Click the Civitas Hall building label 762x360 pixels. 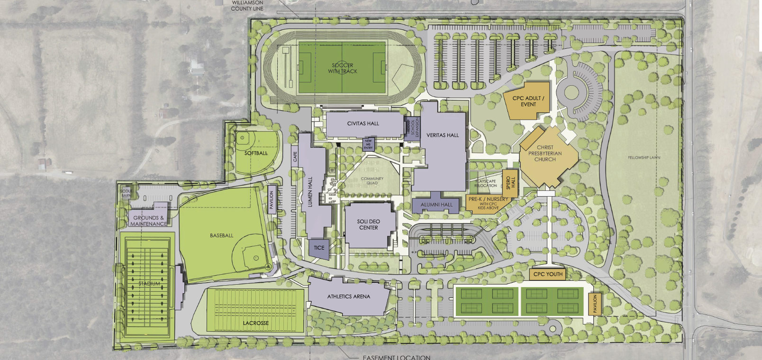[363, 124]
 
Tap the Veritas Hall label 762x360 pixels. [443, 135]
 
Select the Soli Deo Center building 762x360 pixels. [369, 225]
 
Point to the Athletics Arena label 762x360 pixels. [349, 297]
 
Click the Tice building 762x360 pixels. [319, 248]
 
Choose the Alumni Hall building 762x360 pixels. [436, 205]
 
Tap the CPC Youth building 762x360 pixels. [548, 274]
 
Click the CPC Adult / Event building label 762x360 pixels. [528, 101]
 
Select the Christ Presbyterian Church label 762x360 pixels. [545, 153]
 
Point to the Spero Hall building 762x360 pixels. [510, 182]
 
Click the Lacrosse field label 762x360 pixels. [256, 323]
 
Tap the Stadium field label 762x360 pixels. [149, 284]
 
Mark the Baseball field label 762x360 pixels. [222, 235]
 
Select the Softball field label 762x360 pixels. [256, 153]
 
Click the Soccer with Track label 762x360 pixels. [343, 68]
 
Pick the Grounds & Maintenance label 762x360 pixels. [149, 221]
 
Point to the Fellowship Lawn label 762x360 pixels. [644, 158]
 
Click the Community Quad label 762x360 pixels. [372, 181]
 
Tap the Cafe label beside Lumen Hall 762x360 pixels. [295, 157]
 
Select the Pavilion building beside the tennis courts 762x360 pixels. [595, 304]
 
